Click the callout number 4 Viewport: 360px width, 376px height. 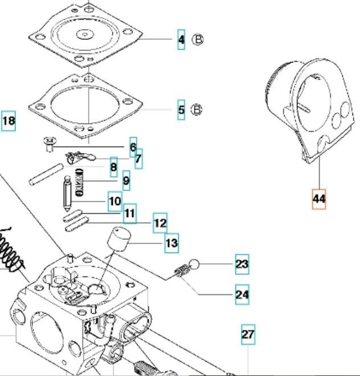coord(181,39)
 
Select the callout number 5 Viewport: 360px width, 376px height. coord(181,109)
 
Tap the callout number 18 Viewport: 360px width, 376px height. coord(9,121)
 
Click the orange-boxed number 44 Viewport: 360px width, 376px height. coord(318,199)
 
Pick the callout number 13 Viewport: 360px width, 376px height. coord(171,243)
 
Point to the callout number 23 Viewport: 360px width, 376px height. coord(242,264)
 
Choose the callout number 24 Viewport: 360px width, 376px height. coord(242,295)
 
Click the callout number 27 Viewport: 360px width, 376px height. coord(247,334)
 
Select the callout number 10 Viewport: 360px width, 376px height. coord(114,201)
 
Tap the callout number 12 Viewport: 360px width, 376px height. coord(160,223)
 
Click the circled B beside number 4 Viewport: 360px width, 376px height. coord(197,40)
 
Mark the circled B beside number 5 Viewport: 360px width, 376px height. coord(197,109)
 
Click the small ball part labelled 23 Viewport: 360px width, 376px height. coord(194,265)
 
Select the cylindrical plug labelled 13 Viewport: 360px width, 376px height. coord(119,236)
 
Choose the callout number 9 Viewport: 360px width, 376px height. coord(126,181)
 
